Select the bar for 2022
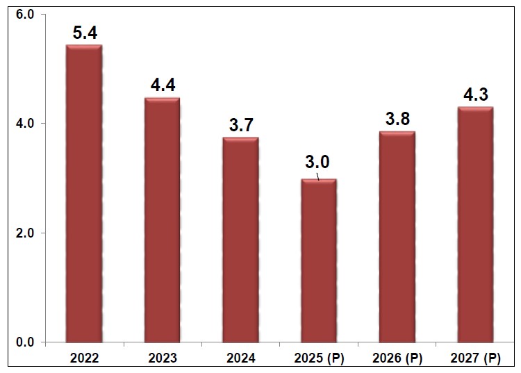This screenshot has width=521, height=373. (83, 194)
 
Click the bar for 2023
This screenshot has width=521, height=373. (162, 220)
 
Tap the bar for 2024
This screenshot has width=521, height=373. (240, 240)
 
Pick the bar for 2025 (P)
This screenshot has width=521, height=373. (319, 260)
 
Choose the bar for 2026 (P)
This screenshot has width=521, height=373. (397, 237)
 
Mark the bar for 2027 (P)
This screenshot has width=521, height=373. (476, 224)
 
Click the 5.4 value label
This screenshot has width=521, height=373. (84, 33)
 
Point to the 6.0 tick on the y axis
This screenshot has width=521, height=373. (24, 14)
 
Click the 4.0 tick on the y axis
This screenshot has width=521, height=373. (24, 123)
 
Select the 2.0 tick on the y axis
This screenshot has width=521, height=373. (24, 233)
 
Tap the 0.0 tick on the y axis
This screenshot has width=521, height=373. (24, 342)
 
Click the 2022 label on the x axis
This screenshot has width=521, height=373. (83, 358)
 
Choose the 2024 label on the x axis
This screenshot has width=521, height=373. (240, 358)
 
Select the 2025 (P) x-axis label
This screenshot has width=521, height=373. (319, 358)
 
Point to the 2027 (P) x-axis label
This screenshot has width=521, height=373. (476, 358)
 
